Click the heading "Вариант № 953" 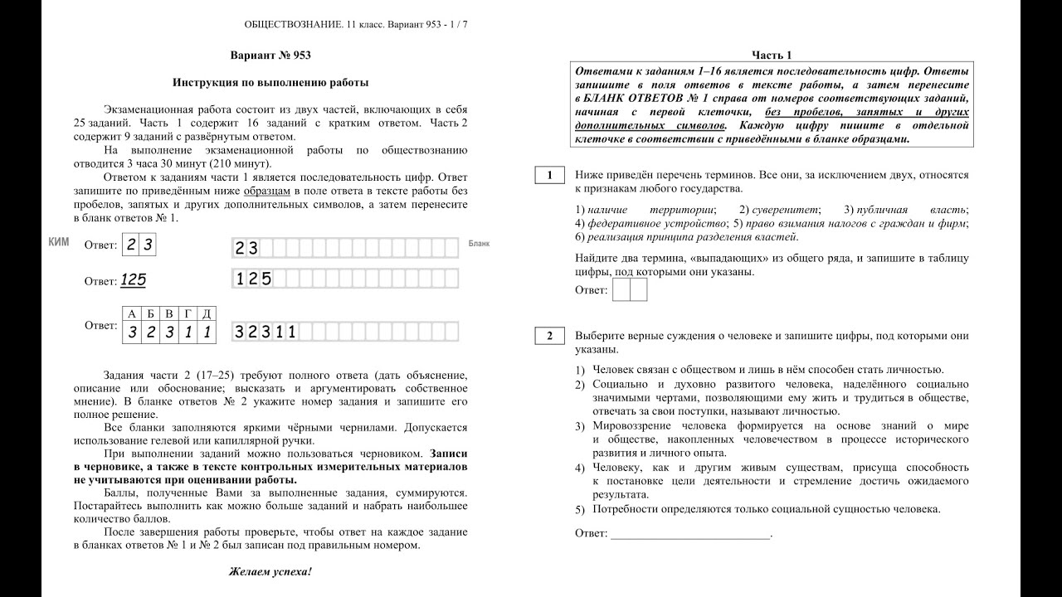point(270,56)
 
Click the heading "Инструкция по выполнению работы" point(270,83)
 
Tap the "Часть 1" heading point(772,56)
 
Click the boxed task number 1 point(549,176)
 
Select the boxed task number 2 point(549,336)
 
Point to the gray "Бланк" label point(480,244)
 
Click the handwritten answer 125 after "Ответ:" point(133,280)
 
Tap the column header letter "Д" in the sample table point(207,313)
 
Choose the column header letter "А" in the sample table point(131,313)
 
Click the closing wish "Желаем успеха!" point(270,572)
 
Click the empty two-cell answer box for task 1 point(628,290)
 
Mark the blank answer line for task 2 point(690,534)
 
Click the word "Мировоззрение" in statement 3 point(632,425)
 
